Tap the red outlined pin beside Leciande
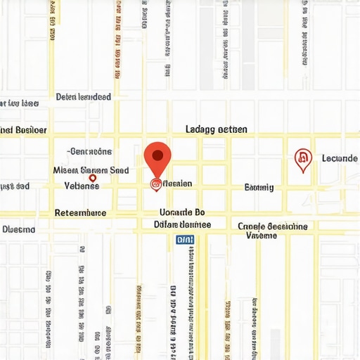point(302,160)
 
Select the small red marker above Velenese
point(92,179)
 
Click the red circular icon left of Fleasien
point(155,184)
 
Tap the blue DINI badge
point(184,240)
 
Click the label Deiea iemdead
point(83,97)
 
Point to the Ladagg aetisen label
point(216,129)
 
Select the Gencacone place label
point(89,151)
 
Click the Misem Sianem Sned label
point(91,169)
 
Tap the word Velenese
point(82,186)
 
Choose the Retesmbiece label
point(80,212)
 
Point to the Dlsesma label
point(19,229)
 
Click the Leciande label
point(340,158)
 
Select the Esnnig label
point(259,187)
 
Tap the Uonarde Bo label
point(181,212)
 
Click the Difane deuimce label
point(181,225)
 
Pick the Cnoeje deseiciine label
point(272,226)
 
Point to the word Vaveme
point(261,236)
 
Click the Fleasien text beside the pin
point(176,184)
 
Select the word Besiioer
point(31,130)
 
